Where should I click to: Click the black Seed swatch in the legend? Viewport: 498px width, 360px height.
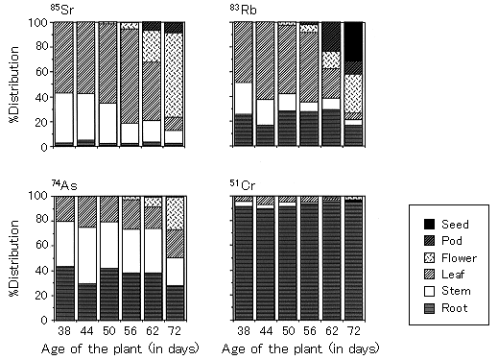point(429,225)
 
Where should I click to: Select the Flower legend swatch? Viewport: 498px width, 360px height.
point(429,258)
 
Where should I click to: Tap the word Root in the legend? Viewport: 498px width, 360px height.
point(455,308)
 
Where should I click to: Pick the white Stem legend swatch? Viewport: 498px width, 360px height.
point(429,291)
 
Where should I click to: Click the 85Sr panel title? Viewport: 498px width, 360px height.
point(62,10)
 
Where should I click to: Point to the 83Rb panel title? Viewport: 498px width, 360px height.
point(243,10)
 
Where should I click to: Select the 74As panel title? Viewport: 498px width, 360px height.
point(64,184)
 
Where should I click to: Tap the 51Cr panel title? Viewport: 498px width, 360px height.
point(243,184)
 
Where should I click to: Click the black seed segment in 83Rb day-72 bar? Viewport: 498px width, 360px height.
point(353,41)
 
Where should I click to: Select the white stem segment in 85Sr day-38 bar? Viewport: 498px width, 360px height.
point(64,118)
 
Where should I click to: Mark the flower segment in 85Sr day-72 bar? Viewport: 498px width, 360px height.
point(174,75)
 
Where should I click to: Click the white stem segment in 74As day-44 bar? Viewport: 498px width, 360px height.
point(87,255)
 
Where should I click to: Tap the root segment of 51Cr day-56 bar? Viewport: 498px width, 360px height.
point(309,261)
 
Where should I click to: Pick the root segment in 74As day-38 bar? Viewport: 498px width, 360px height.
point(65,293)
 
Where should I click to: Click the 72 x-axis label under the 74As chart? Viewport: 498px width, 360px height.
point(175,330)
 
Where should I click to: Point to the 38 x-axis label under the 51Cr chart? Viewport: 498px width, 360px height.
point(244,330)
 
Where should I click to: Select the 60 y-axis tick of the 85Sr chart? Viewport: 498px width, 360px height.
point(41,71)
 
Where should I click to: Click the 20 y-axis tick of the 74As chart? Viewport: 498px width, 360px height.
point(41,296)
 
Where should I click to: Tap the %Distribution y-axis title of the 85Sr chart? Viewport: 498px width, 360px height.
point(14,84)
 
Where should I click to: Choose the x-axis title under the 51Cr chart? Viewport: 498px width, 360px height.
point(300,348)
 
